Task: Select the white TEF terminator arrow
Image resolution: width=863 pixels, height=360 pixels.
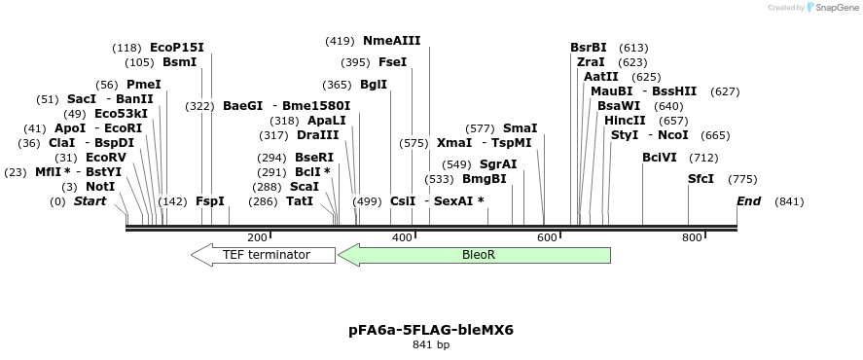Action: tap(263, 255)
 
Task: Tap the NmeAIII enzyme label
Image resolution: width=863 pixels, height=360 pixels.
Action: tap(391, 41)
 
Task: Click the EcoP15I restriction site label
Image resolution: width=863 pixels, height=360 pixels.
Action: tap(177, 48)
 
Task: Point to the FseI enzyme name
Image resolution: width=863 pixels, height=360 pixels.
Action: tap(392, 62)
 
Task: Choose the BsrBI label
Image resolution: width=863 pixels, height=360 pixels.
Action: tap(588, 48)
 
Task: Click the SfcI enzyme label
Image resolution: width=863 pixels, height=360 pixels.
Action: tap(701, 179)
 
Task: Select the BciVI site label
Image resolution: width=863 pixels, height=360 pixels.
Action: tap(660, 158)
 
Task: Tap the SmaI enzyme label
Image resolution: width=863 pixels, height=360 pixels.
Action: tap(520, 128)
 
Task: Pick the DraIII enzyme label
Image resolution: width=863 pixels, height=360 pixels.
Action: tap(318, 135)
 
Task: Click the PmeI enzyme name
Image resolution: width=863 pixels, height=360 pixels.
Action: tap(144, 85)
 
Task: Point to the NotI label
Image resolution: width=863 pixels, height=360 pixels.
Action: tap(100, 187)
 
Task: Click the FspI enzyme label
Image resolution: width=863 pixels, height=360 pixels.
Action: tap(210, 201)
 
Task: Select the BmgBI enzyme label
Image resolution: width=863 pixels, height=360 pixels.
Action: tap(484, 179)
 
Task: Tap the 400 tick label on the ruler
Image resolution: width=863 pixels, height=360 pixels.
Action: tap(402, 237)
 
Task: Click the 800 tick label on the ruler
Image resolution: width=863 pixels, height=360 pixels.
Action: tap(692, 237)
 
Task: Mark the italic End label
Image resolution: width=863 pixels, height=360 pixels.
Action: tap(748, 201)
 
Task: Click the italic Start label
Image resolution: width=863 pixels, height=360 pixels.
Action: tap(90, 201)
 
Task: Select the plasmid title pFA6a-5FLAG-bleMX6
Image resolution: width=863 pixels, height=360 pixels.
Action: tap(431, 330)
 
